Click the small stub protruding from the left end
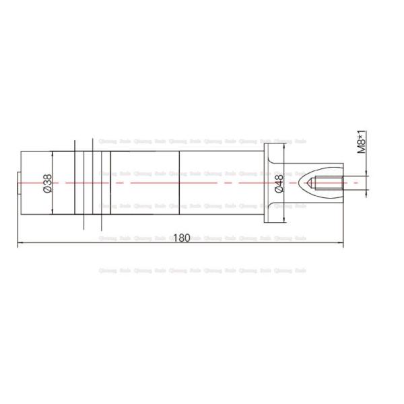(18, 182)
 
